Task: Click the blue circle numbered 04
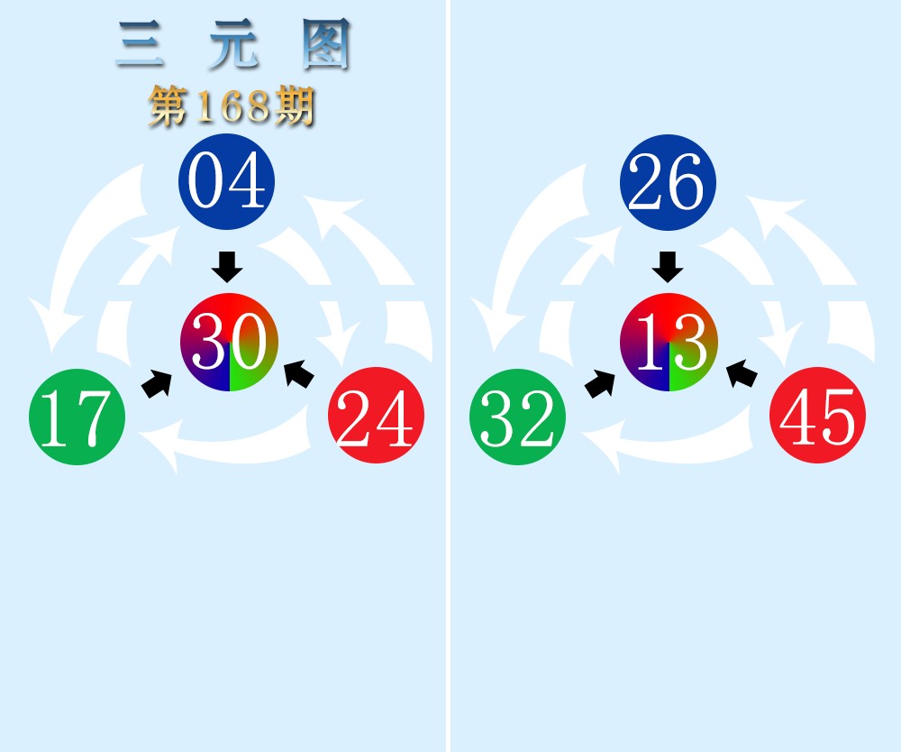(226, 181)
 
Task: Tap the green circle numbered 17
(77, 417)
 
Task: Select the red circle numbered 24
(377, 415)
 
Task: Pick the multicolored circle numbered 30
(229, 342)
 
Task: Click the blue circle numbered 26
(668, 182)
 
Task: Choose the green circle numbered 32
(518, 417)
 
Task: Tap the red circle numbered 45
(818, 415)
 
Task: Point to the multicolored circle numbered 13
(669, 342)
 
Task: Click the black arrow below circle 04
(227, 267)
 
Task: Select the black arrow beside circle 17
(157, 384)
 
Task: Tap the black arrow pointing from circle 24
(299, 374)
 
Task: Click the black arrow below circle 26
(668, 267)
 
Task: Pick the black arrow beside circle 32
(600, 384)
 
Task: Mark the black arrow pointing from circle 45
(742, 374)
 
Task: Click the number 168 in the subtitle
(232, 105)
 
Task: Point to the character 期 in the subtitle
(295, 105)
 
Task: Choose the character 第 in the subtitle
(168, 105)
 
